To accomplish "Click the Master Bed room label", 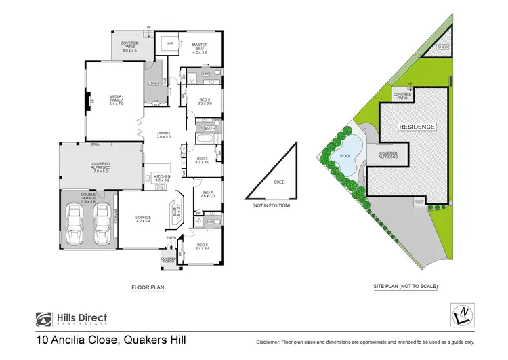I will [x=198, y=48].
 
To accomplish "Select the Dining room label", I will [x=164, y=134].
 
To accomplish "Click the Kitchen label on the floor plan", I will [x=163, y=178].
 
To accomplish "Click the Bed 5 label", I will [x=203, y=246].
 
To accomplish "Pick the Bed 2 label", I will [x=204, y=102].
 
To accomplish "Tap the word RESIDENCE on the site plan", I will [x=417, y=127].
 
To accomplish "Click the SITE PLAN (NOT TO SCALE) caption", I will [x=405, y=287].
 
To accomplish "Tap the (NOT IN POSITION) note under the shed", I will [x=271, y=205].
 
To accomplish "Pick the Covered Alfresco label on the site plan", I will [x=388, y=156].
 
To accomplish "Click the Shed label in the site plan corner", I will [x=443, y=47].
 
